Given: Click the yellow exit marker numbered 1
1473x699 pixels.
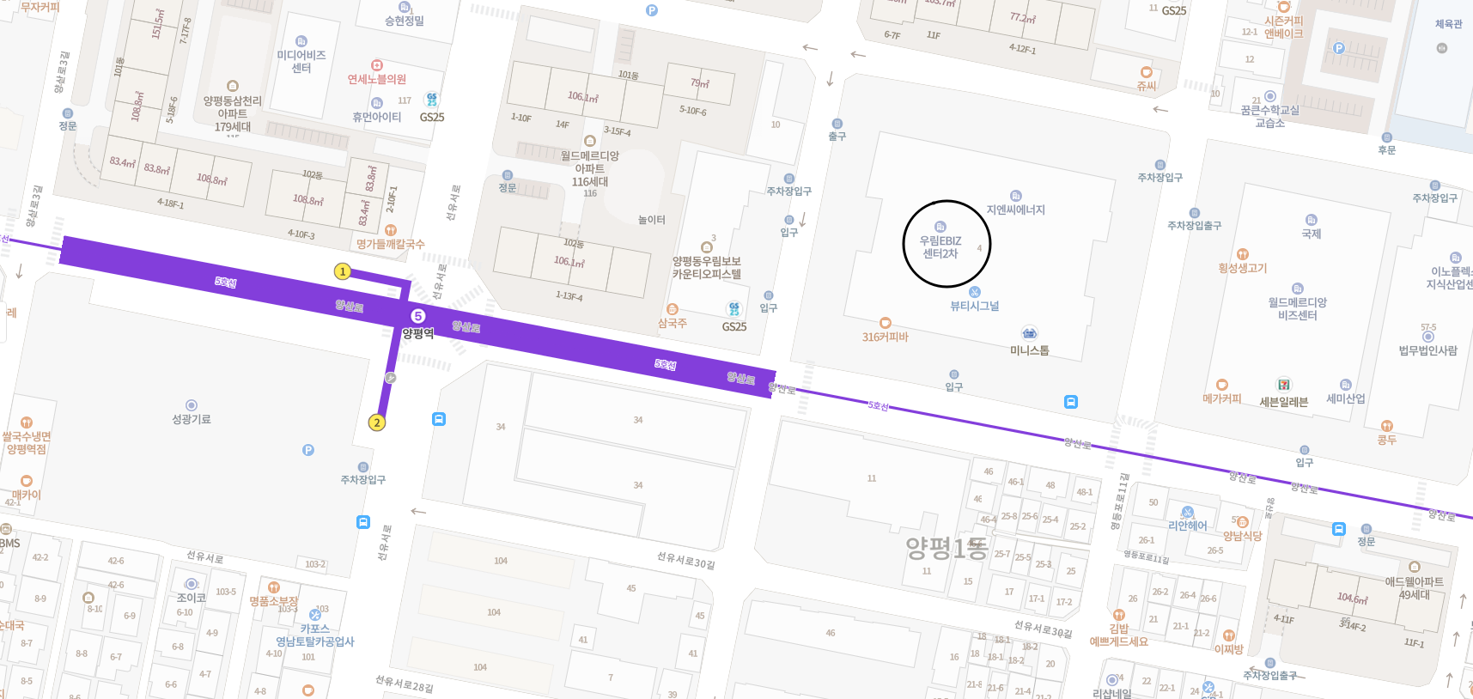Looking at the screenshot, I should click(342, 271).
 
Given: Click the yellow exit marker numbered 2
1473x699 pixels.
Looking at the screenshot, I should click(376, 422).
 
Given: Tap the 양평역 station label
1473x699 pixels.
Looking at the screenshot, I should click(418, 333).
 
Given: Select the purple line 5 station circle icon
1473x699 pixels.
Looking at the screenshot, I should click(418, 316).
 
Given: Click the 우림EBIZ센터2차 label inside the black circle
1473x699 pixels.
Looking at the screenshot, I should click(940, 247).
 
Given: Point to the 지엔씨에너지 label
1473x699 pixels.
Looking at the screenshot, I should click(1015, 210).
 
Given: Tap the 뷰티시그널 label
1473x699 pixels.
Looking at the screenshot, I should click(974, 306).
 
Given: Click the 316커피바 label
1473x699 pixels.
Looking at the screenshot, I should click(885, 337).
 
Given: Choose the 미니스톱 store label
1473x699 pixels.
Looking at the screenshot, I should click(1029, 349).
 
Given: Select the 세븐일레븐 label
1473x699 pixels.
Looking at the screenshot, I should click(1283, 402).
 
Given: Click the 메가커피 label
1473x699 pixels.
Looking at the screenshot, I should click(1221, 398).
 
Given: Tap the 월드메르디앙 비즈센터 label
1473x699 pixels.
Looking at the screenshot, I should click(1297, 308).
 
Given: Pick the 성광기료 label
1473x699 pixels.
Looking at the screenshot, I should click(192, 419).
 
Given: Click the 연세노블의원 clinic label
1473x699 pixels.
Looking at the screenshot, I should click(376, 79).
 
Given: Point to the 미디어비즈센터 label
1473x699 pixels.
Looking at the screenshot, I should click(301, 61).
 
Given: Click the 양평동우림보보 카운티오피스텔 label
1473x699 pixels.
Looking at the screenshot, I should click(706, 267).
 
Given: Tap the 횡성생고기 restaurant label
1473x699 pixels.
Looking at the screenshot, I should click(1242, 268).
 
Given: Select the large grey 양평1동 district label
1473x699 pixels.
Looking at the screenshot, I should click(946, 547).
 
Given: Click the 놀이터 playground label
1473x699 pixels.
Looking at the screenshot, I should click(651, 220).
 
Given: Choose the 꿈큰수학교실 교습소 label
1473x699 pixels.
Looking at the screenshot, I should click(1269, 116).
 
